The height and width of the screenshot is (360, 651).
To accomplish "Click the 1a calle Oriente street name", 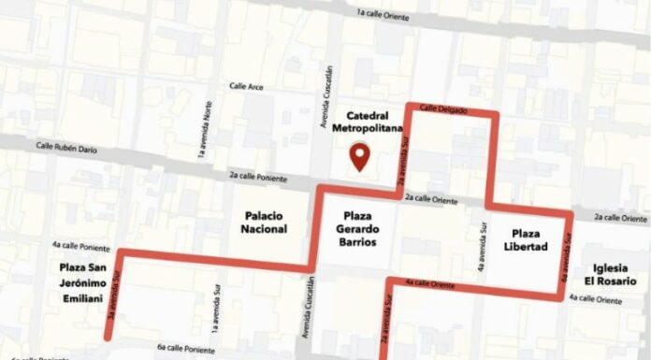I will tap(384, 13).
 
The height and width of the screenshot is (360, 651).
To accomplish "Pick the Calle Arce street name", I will tap(247, 86).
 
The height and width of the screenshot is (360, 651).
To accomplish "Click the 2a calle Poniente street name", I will tap(258, 175).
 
